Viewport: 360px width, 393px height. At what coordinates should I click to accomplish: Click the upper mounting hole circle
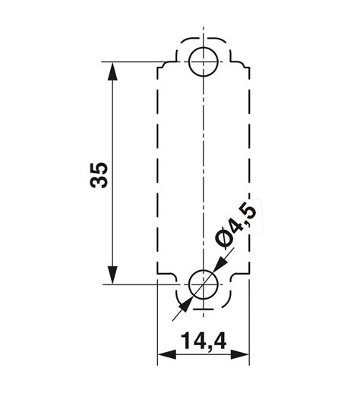click(204, 61)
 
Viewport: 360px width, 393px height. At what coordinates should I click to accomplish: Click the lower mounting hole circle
click(204, 284)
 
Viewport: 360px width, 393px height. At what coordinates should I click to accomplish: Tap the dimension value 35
click(99, 174)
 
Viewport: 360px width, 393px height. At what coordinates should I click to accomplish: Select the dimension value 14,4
click(204, 341)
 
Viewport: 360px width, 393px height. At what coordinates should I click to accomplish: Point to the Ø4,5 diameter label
click(237, 225)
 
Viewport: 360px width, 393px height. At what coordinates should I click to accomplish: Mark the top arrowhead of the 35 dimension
click(112, 71)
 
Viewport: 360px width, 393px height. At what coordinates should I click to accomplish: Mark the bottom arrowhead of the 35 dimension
click(112, 275)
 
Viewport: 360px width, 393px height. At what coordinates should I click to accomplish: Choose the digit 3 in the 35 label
click(99, 181)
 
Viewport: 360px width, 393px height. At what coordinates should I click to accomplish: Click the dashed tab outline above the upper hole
click(204, 37)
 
